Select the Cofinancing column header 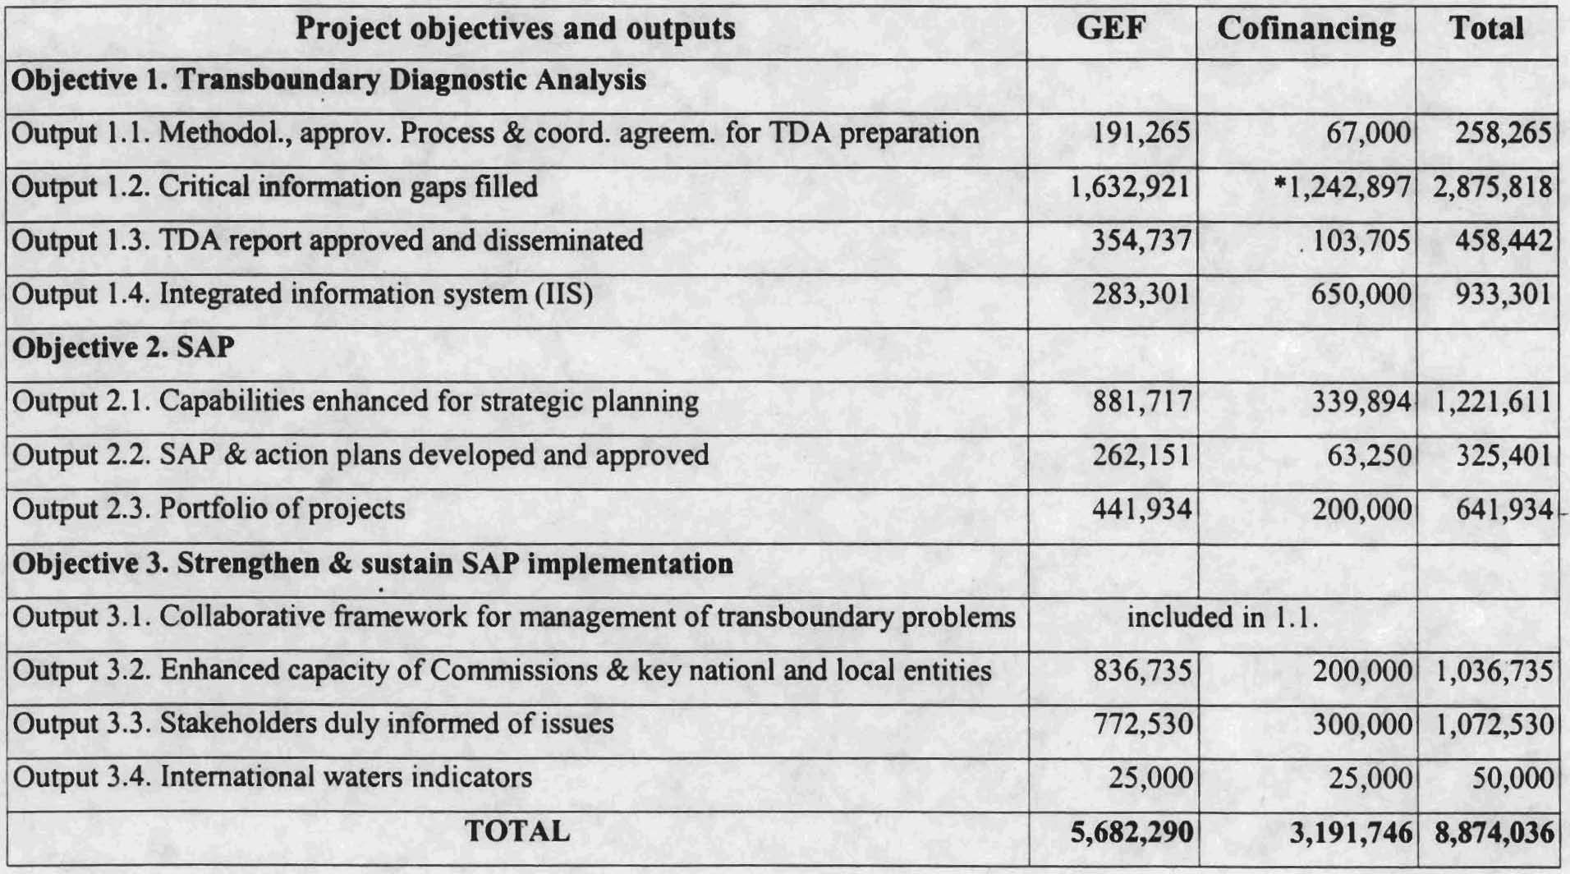tap(1306, 30)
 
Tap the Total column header tap(1486, 30)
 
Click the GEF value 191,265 tap(1141, 133)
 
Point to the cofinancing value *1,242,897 tap(1342, 187)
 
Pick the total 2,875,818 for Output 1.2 tap(1492, 187)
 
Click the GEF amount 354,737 tap(1141, 241)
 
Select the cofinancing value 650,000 tap(1361, 294)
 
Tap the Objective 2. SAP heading tap(124, 347)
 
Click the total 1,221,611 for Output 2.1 tap(1492, 402)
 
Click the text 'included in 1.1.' tap(1222, 617)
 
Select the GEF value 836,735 tap(1141, 670)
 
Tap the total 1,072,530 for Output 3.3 tap(1493, 724)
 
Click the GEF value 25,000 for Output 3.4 tap(1150, 778)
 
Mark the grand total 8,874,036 tap(1494, 832)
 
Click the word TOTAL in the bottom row tap(517, 831)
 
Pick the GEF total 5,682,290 tap(1131, 832)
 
